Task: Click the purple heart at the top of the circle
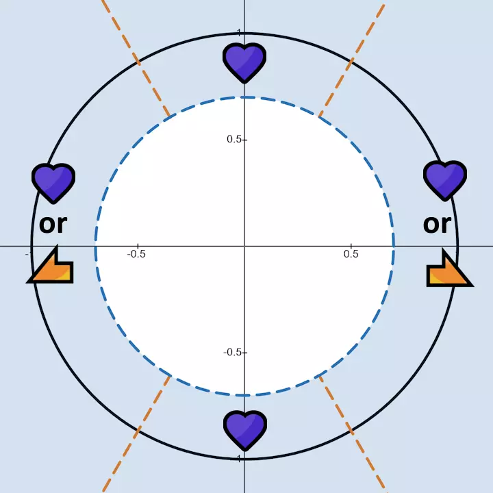244,62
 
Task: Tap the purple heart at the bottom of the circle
244,430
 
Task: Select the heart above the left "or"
53,183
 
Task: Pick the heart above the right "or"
445,181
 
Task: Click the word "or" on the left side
53,223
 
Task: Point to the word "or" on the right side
437,223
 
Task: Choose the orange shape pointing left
52,266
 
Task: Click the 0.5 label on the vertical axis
234,140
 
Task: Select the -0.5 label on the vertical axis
233,352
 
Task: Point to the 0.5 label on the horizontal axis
351,254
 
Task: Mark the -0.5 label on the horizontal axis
137,254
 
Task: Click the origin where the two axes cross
244,246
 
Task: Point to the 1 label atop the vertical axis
238,32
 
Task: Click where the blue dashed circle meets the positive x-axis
394,246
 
